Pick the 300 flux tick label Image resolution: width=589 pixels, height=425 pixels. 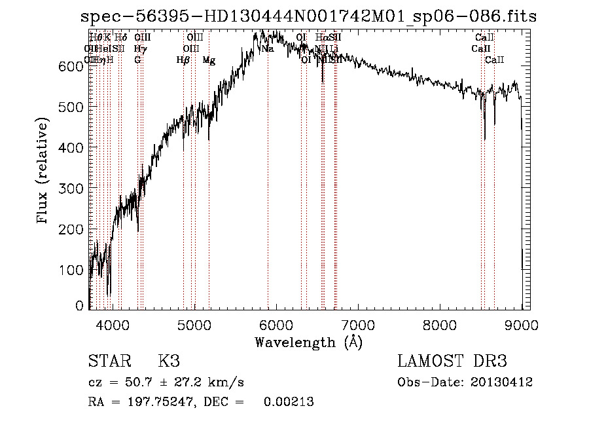click(x=74, y=189)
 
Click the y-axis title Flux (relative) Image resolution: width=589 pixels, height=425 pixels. click(x=44, y=172)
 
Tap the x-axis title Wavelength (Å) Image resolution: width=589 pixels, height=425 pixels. click(x=308, y=342)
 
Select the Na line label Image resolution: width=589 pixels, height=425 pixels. click(x=267, y=48)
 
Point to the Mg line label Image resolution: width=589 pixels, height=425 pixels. click(x=209, y=60)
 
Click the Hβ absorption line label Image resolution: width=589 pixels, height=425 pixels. click(x=183, y=60)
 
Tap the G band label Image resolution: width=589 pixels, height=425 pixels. click(x=137, y=60)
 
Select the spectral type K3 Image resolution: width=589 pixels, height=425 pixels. click(x=169, y=361)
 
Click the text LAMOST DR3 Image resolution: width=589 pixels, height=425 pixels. click(x=452, y=361)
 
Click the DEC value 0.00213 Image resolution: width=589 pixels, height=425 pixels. click(x=289, y=402)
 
